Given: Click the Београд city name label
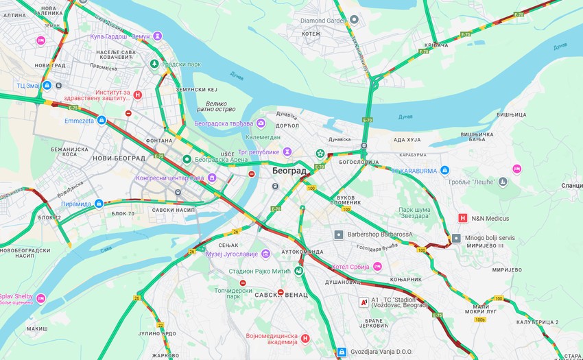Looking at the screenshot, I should point(289,171).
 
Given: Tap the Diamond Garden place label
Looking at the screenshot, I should point(324,21).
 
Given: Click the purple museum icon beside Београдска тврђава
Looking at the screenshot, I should point(261,123).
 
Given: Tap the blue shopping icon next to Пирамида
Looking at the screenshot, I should point(99,204).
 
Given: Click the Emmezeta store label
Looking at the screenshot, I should point(79,120).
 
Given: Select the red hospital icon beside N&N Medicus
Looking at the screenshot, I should point(462,219).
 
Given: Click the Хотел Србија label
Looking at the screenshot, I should point(350,267).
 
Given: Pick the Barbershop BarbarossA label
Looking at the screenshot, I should point(381,235).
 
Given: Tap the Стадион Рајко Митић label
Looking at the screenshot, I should point(260,272).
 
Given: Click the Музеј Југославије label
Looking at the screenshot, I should point(233,254).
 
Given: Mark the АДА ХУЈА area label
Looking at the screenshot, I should point(406,140).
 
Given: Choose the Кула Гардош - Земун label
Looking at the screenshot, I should point(120,36).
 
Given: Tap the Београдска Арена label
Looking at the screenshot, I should point(219,159).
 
